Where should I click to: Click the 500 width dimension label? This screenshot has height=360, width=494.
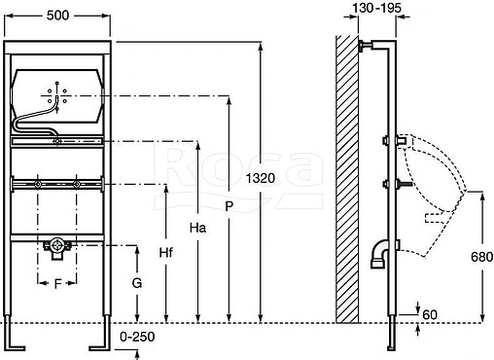point(57,16)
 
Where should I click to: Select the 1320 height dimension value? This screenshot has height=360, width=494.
point(261,178)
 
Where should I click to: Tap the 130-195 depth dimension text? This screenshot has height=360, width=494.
point(376,8)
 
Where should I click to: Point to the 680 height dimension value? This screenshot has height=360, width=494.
point(482,257)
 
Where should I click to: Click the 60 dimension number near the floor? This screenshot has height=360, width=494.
point(430,314)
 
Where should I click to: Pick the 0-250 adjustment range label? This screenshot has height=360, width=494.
point(137,337)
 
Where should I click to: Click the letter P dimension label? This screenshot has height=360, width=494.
point(229,206)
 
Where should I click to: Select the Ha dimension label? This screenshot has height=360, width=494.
point(197,228)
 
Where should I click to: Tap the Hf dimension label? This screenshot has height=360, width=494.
point(166,252)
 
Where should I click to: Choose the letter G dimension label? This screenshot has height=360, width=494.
point(137,283)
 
